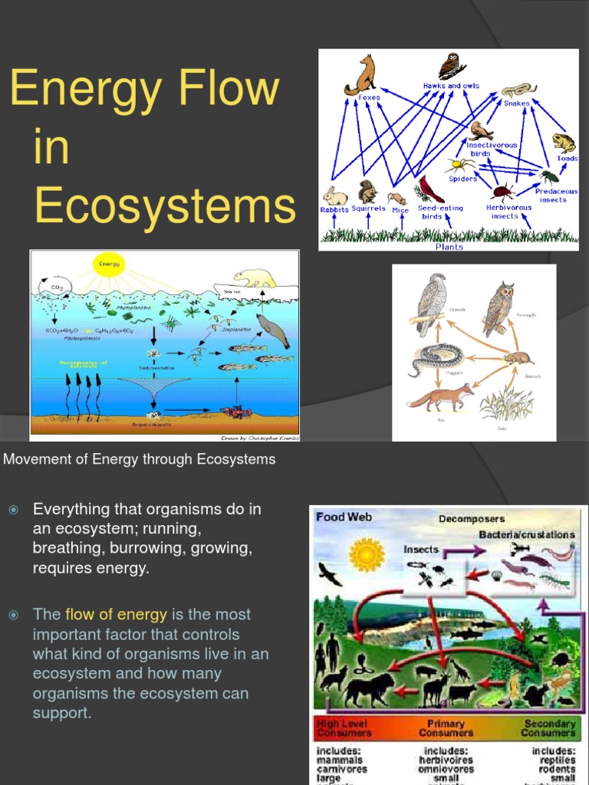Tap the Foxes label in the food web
(369, 98)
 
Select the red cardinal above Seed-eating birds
(429, 189)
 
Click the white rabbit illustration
(334, 195)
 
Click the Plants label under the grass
(449, 246)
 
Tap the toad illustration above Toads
(564, 143)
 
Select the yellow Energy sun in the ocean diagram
(107, 266)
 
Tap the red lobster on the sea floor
(235, 412)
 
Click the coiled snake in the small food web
(433, 357)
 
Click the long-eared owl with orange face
(499, 307)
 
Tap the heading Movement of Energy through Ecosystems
(140, 459)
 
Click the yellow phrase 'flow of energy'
(116, 614)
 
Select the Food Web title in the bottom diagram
(344, 517)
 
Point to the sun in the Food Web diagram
(366, 554)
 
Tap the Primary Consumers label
(446, 728)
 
